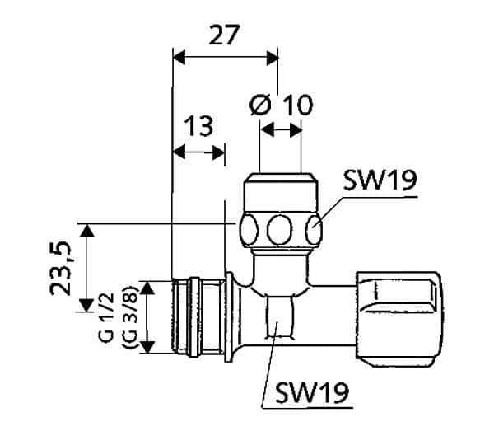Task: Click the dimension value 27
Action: point(224,35)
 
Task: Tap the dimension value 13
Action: point(198,126)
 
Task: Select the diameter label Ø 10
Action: point(281,105)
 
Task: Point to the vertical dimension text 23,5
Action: point(60,269)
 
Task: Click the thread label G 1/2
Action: point(106,317)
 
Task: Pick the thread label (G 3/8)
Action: point(129,317)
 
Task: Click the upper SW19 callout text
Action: point(380,180)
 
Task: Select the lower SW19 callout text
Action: point(312,392)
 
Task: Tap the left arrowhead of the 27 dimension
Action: point(179,57)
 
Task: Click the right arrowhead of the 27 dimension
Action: point(273,58)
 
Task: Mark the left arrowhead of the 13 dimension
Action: point(179,152)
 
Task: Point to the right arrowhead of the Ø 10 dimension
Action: point(296,130)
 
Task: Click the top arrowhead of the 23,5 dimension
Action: point(86,231)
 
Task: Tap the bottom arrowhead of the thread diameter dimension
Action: point(147,347)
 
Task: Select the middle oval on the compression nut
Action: point(279,230)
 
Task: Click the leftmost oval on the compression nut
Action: point(249,230)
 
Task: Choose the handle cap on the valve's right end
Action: point(399,319)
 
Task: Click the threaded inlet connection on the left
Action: point(198,317)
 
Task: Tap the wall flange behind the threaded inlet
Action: point(230,317)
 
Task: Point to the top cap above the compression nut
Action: point(281,192)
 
